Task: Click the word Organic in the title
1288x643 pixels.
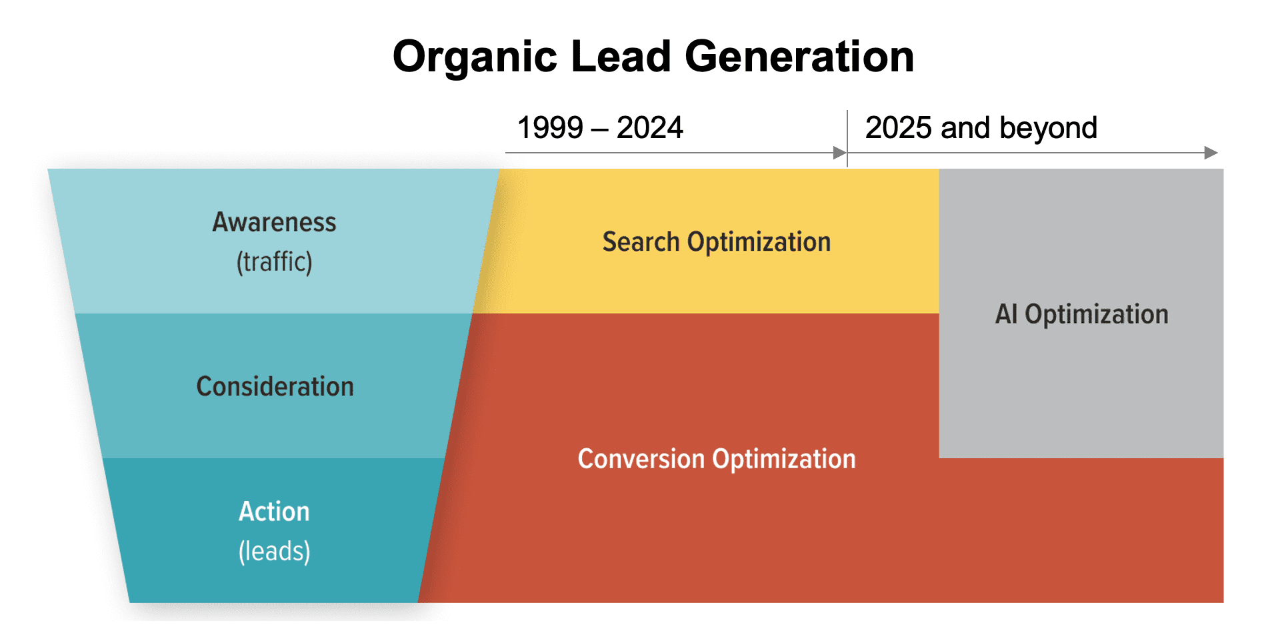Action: pos(474,57)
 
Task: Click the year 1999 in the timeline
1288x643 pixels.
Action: pos(550,127)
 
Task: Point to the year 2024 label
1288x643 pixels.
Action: pos(649,127)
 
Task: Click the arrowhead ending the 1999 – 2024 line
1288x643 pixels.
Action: pos(839,153)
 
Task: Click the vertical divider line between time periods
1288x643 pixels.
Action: pos(847,137)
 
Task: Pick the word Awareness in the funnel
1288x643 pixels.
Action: pos(274,222)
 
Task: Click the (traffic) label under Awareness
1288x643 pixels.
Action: pos(274,261)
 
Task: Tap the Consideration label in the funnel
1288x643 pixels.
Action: pos(275,387)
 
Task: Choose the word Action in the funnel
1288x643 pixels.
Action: pos(274,512)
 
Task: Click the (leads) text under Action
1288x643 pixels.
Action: pos(274,552)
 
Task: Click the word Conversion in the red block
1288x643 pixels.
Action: pos(641,459)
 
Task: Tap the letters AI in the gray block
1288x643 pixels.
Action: pos(1005,314)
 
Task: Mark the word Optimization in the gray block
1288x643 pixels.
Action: pos(1096,314)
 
